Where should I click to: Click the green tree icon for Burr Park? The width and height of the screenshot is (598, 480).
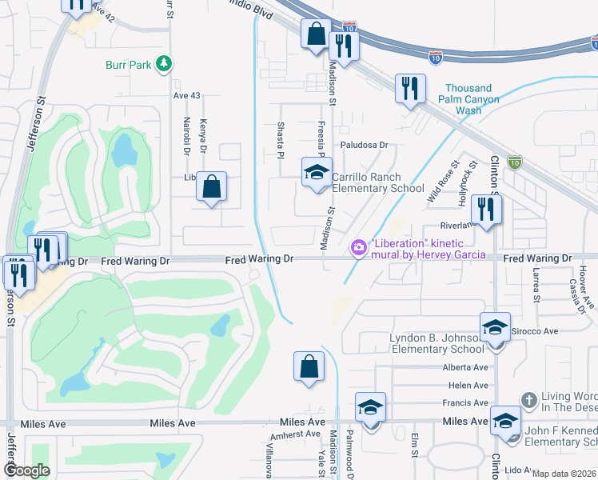163,63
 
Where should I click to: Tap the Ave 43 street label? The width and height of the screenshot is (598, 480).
186,95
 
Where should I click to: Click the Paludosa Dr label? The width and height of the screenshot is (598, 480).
364,146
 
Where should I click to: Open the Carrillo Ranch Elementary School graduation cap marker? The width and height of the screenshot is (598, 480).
317,173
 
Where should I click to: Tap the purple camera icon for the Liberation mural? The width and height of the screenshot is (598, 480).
360,249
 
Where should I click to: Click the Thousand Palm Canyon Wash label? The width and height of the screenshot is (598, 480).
472,99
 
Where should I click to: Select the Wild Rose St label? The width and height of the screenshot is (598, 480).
443,181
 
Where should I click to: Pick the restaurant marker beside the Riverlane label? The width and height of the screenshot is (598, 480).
486,210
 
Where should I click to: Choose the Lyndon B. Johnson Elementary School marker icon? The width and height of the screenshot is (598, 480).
495,327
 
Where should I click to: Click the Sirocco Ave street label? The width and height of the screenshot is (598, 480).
535,330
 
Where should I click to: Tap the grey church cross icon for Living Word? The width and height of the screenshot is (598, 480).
528,398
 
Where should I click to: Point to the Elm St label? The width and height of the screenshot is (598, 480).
415,446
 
